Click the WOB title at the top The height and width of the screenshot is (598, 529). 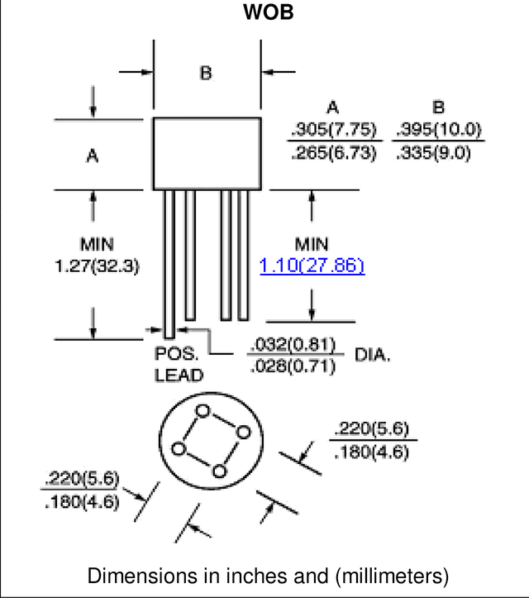point(269,12)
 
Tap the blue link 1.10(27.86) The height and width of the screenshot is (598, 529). point(312,266)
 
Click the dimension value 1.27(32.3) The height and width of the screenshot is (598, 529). point(98,266)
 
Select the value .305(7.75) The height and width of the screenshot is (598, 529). point(334,129)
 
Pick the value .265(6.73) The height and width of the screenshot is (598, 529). point(334,152)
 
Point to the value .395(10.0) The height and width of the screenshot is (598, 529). point(439,129)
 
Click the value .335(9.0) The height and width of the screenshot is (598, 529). point(433,152)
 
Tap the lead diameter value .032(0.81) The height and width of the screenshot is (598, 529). point(293,344)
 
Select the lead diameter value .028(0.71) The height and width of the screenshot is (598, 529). point(293,366)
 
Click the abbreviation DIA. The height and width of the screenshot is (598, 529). point(372,355)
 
